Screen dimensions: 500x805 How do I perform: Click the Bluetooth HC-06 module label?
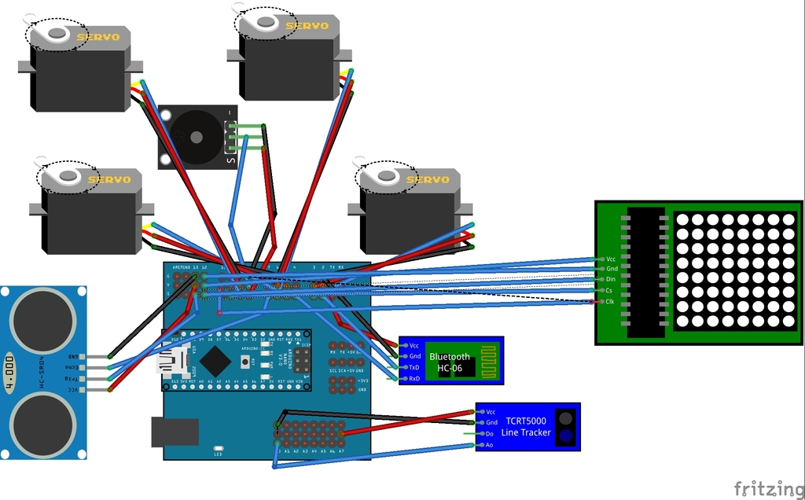[x=450, y=362]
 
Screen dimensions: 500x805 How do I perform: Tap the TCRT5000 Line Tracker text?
[x=527, y=427]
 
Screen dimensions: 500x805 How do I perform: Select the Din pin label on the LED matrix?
[x=611, y=279]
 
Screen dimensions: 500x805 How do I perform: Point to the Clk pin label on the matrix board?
[x=610, y=301]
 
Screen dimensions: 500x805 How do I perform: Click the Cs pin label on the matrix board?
[x=609, y=290]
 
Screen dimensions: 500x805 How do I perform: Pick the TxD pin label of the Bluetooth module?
[x=414, y=367]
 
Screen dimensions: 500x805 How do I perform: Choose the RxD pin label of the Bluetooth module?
[x=414, y=378]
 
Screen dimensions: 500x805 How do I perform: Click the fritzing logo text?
[x=763, y=488]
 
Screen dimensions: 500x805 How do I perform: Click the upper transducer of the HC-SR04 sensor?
[x=42, y=320]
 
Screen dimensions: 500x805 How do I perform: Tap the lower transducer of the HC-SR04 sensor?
[x=42, y=425]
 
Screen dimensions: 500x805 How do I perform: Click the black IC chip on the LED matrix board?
[x=645, y=271]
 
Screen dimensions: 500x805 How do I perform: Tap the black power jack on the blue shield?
[x=175, y=432]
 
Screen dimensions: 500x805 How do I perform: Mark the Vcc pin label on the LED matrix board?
[x=611, y=258]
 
